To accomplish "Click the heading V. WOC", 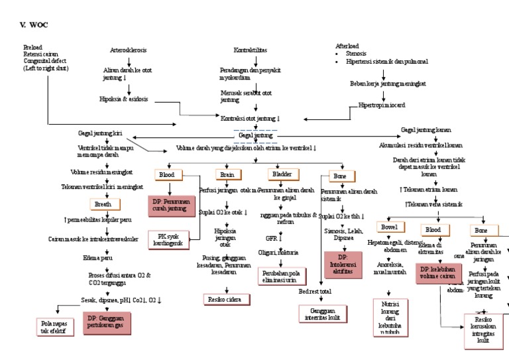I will point(34,25).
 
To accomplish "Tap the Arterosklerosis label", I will point(128,50).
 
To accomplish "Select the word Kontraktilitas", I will point(252,50).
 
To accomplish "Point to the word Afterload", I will point(347,45).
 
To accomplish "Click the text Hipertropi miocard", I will point(382,105).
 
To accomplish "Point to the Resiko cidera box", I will point(227,300).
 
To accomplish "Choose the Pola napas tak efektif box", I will point(54,326).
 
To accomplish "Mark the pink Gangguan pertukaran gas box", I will point(108,323).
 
